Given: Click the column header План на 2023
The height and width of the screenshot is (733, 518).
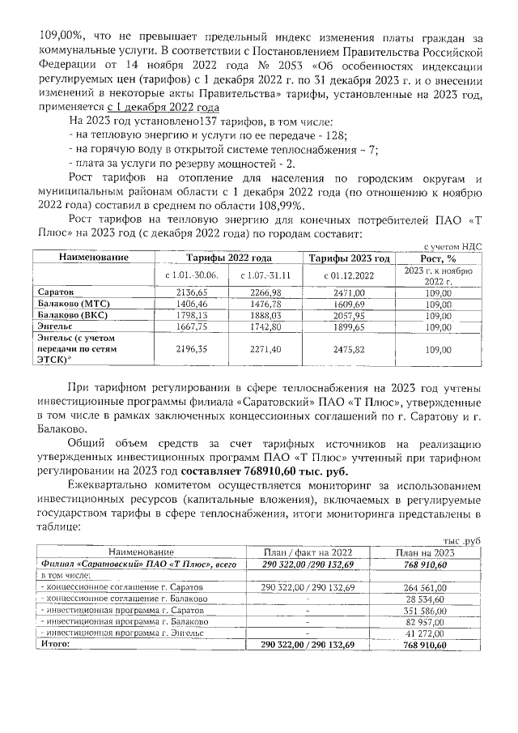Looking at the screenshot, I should click(429, 552).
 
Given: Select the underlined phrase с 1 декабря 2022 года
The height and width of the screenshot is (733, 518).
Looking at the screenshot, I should click(164, 107).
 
